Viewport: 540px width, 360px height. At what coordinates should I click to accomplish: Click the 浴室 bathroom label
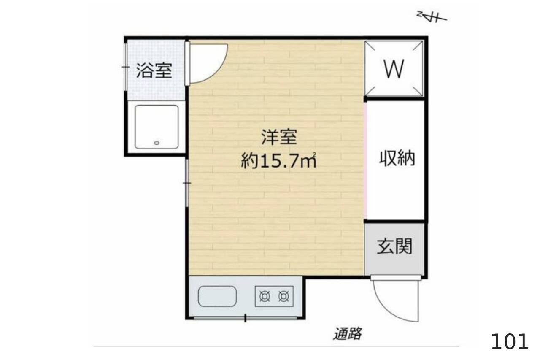point(154,70)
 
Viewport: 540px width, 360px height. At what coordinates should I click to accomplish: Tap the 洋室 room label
point(279,137)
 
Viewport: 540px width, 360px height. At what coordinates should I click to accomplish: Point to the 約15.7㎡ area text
point(279,160)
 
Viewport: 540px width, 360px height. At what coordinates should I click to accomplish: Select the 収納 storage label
point(397,158)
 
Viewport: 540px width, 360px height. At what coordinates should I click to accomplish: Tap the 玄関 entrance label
point(394,246)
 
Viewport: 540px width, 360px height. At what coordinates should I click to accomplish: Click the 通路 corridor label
point(347,334)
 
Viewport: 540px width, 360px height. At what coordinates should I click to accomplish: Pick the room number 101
point(510,342)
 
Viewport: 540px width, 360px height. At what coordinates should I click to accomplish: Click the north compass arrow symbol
point(432,17)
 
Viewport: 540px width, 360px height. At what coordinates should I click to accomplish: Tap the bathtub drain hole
point(157,143)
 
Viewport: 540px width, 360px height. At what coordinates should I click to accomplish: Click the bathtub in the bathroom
point(157,127)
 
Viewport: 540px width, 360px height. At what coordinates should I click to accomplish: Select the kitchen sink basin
point(217,296)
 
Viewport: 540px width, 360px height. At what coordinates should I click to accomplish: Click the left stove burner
point(265,296)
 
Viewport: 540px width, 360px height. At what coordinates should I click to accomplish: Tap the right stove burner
point(284,296)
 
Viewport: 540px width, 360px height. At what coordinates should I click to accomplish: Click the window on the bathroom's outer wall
point(126,67)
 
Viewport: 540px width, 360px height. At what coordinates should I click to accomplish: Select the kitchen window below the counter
point(246,318)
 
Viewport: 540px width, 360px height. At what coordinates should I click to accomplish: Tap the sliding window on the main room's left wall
point(187,183)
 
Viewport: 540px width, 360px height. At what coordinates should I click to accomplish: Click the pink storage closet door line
point(366,160)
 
